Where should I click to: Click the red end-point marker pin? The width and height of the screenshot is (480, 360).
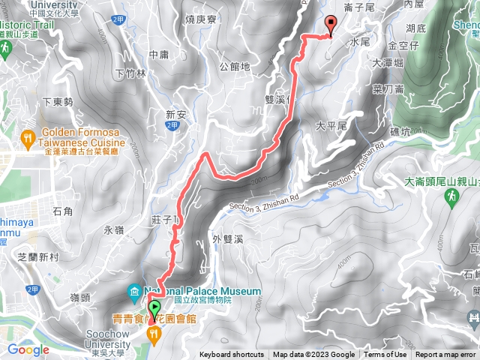pos(329,25)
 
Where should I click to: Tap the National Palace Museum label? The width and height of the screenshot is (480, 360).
pos(202,291)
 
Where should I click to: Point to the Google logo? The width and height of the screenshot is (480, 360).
pos(28,349)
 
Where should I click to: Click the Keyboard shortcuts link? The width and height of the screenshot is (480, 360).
pos(231,355)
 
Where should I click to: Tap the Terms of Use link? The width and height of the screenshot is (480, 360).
pos(385,355)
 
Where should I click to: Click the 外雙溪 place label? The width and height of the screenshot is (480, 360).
pos(227,239)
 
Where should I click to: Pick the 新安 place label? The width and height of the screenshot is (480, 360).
pos(175,115)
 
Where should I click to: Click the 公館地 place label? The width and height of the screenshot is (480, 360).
pos(235,67)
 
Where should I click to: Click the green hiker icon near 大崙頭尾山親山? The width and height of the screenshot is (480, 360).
pos(452,197)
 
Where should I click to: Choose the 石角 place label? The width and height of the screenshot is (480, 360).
pos(62,212)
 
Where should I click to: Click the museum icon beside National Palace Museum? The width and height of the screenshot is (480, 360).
pos(134,291)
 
